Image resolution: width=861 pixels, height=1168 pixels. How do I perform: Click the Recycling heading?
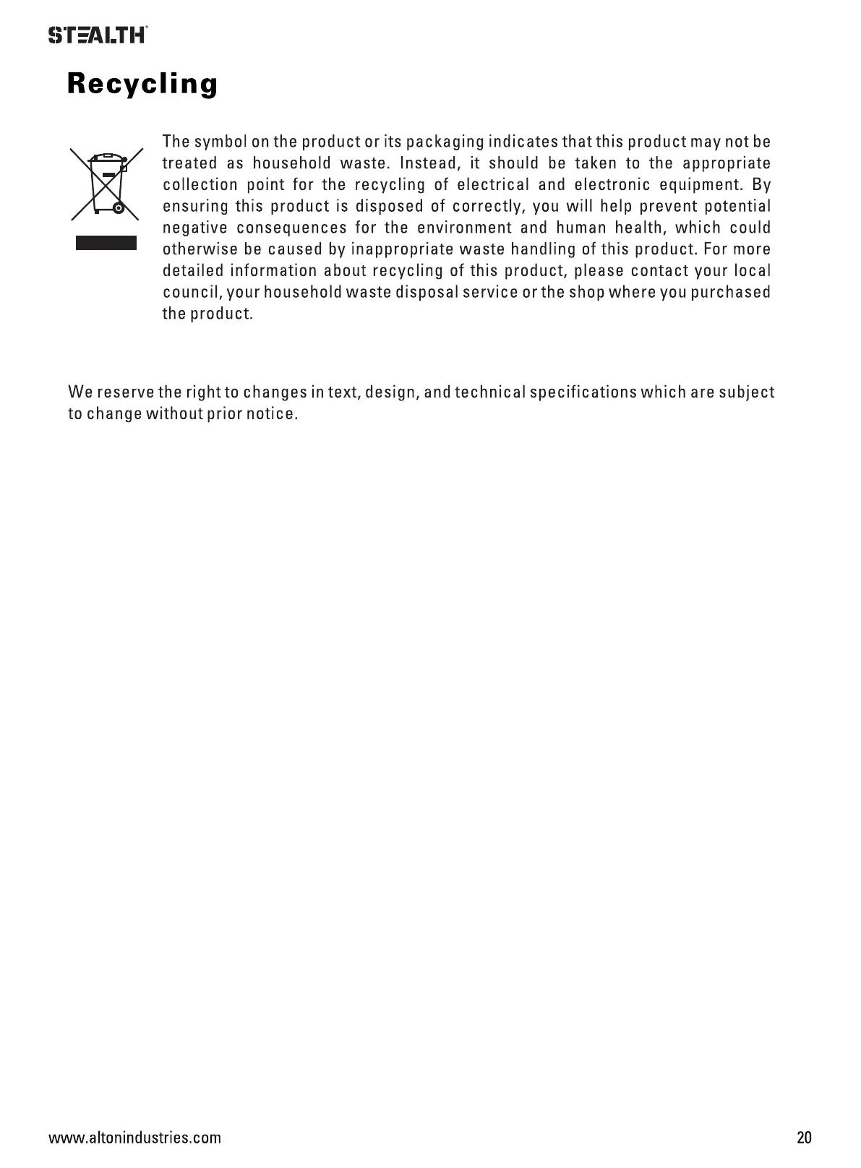click(x=142, y=84)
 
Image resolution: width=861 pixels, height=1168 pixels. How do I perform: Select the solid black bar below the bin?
click(x=106, y=242)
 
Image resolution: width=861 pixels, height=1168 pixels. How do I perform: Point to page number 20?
click(x=804, y=1137)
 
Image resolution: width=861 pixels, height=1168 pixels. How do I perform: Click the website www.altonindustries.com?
click(x=134, y=1138)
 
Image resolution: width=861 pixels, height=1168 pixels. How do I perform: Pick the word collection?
click(x=200, y=184)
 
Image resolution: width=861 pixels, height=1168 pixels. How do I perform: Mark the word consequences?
click(x=291, y=228)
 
